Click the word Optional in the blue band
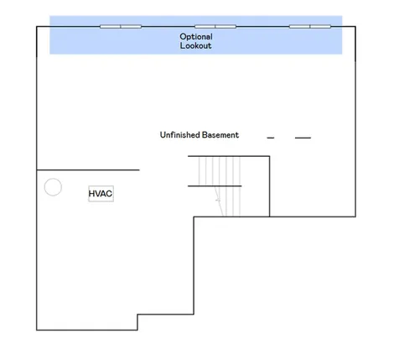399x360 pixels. pos(196,37)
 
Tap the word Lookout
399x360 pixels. pos(195,45)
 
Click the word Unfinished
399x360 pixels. pos(179,135)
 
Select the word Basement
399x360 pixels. pos(220,135)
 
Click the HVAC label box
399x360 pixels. pos(101,194)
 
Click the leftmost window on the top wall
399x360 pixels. pos(121,27)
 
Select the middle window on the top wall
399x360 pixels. pos(215,27)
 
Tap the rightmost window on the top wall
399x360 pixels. pos(310,27)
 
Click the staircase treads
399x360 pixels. pos(220,186)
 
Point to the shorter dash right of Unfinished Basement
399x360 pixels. pos(271,138)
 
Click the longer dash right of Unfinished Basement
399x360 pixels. pos(303,138)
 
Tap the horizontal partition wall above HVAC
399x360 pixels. pos(88,170)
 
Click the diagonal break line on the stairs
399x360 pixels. pos(219,201)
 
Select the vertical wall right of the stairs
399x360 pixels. pos(270,186)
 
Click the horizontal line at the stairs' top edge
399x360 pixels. pos(229,156)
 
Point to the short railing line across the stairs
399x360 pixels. pos(215,186)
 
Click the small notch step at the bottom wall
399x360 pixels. pos(137,322)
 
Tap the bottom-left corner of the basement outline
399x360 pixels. pos(37,330)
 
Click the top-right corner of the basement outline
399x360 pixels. pos(355,27)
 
